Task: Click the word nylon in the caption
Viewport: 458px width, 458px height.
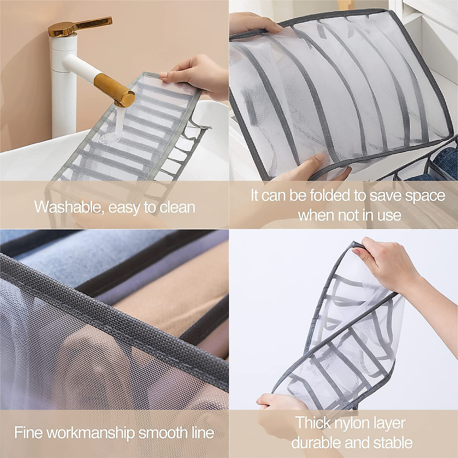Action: (355, 424)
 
